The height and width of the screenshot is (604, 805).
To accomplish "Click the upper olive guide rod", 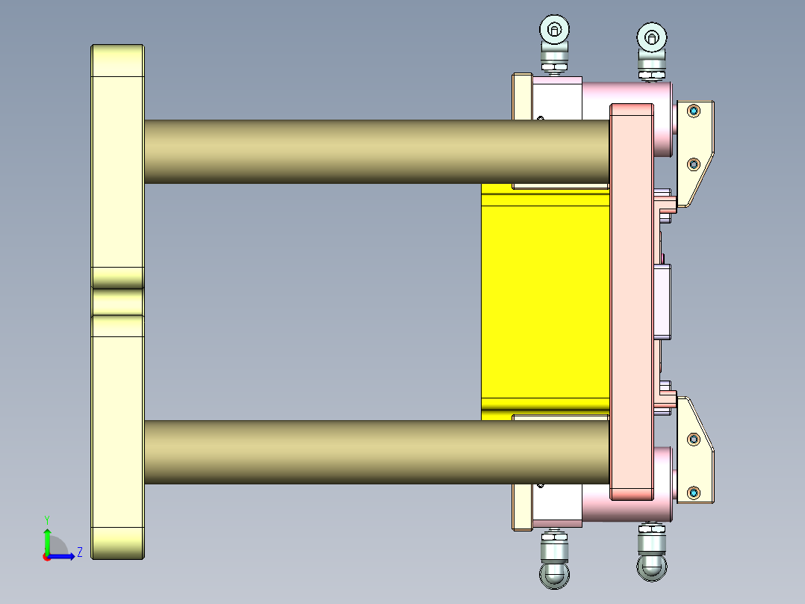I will (373, 152).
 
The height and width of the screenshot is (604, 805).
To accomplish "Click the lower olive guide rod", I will (373, 452).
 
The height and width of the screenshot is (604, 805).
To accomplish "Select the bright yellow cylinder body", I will (545, 299).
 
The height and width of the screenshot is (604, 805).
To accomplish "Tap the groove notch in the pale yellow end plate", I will (117, 302).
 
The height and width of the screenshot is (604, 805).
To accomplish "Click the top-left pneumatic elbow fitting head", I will (554, 31).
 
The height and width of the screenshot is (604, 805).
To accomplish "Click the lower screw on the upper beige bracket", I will (694, 163).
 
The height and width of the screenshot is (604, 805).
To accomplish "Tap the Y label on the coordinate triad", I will (46, 519).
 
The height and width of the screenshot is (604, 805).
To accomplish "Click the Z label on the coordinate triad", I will (79, 553).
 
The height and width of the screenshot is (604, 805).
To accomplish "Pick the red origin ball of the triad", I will (46, 557).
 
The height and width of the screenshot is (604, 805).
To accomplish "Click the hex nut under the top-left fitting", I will (553, 68).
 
